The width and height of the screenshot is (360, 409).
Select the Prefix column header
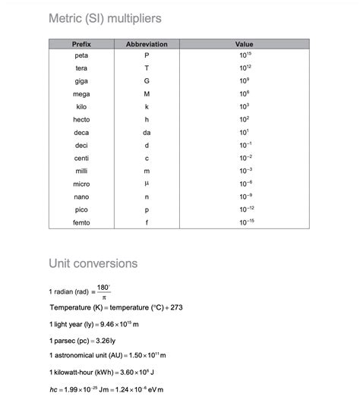pos(81,45)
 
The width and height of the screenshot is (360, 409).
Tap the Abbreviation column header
pos(147,45)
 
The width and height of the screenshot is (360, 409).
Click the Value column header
pos(245,45)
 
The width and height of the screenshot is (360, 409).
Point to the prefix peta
pos(81,55)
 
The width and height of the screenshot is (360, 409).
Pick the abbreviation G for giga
pos(147,81)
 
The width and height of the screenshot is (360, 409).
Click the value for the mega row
pos(245,93)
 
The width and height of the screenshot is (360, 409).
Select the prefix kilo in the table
pos(81,107)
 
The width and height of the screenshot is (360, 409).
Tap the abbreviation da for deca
pos(147,133)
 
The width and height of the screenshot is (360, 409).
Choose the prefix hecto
pos(81,120)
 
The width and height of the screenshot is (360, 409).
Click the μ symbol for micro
pos(147,184)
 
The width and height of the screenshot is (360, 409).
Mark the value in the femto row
pos(245,222)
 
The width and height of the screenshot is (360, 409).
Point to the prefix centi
pos(81,158)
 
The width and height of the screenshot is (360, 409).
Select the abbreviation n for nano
pos(147,197)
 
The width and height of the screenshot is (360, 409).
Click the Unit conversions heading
pos(93,263)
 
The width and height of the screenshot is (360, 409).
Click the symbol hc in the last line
pos(53,390)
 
